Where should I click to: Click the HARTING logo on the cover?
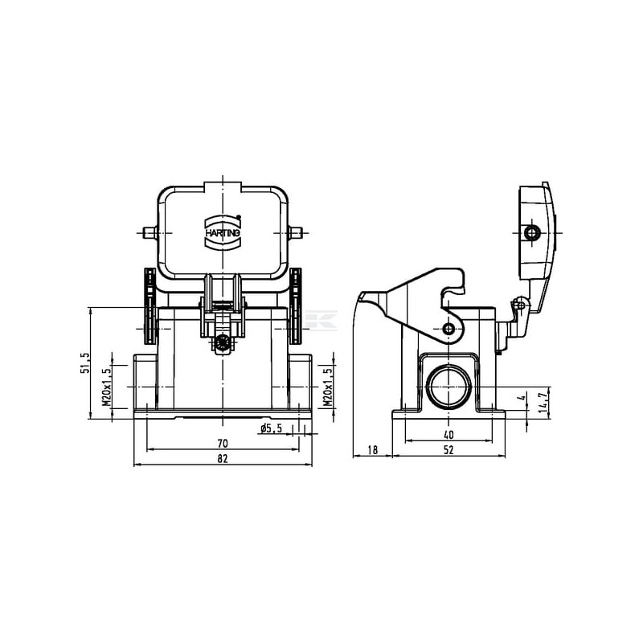pyautogui.click(x=223, y=232)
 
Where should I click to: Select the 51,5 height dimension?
pyautogui.click(x=84, y=362)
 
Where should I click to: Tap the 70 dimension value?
pyautogui.click(x=223, y=443)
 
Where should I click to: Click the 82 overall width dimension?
pyautogui.click(x=223, y=458)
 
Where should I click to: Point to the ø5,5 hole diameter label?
pyautogui.click(x=272, y=428)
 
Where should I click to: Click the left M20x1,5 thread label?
pyautogui.click(x=107, y=387)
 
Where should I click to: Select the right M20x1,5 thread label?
pyautogui.click(x=327, y=387)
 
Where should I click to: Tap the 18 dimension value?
pyautogui.click(x=372, y=450)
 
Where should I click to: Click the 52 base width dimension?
pyautogui.click(x=448, y=450)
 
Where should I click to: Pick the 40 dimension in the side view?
pyautogui.click(x=448, y=435)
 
